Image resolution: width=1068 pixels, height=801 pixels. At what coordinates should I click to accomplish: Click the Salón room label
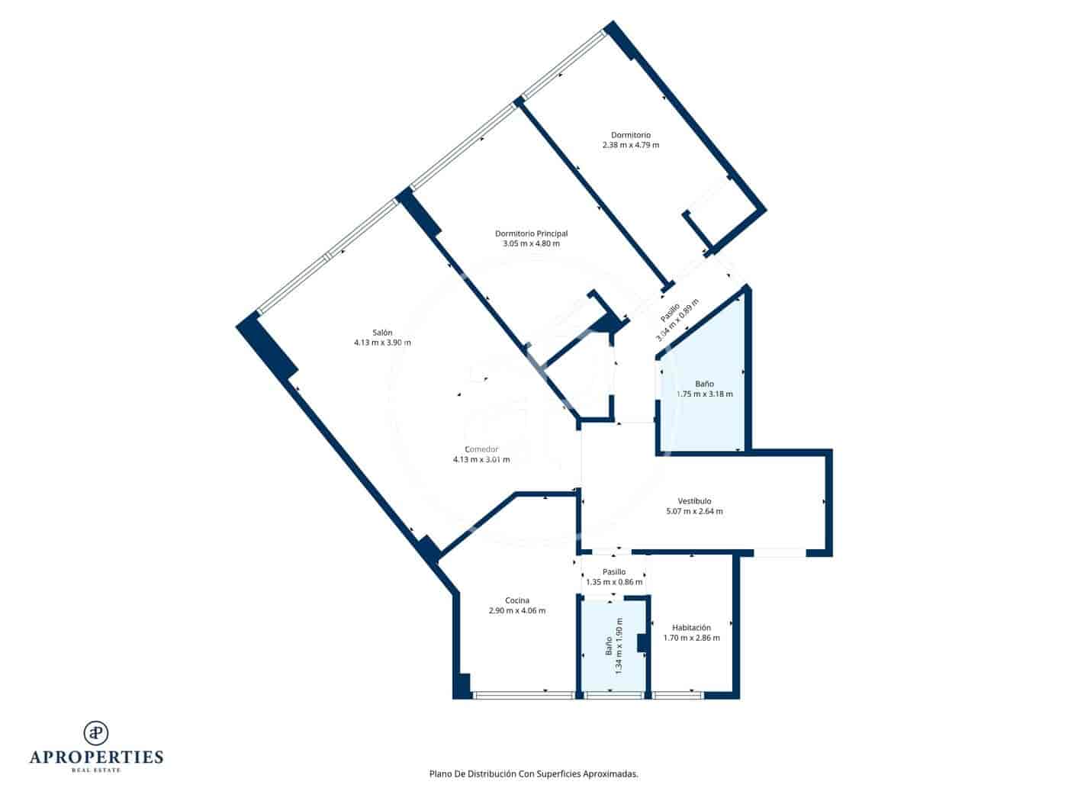click(x=382, y=333)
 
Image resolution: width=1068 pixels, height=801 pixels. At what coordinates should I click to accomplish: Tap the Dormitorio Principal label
click(x=531, y=233)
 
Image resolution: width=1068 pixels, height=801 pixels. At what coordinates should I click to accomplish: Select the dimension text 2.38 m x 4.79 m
click(x=630, y=145)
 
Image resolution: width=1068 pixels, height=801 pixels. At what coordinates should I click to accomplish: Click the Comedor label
click(x=481, y=449)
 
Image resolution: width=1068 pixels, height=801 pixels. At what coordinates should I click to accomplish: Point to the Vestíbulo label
click(x=694, y=501)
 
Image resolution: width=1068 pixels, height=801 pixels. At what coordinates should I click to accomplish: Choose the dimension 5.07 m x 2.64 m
click(x=694, y=511)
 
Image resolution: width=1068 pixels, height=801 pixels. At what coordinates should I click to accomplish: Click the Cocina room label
click(x=516, y=600)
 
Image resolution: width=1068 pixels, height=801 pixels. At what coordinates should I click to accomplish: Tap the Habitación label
click(x=691, y=628)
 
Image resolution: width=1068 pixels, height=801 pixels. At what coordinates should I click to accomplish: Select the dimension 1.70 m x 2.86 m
click(x=691, y=638)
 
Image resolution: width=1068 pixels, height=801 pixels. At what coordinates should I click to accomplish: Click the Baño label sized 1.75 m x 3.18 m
click(x=704, y=384)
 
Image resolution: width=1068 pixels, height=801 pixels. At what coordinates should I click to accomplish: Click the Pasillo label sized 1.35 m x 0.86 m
click(x=613, y=571)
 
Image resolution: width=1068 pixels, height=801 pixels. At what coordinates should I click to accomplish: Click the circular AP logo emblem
click(x=96, y=732)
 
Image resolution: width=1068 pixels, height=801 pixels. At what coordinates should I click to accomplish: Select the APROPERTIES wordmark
click(x=96, y=757)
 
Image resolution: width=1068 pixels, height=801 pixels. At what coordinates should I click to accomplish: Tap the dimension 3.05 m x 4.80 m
click(x=531, y=244)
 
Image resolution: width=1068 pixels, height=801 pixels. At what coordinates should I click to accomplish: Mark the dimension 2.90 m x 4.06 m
click(x=516, y=610)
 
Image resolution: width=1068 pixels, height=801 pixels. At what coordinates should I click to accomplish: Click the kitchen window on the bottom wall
click(x=523, y=695)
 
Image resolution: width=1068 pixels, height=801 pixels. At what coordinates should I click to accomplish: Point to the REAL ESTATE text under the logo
click(x=96, y=770)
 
